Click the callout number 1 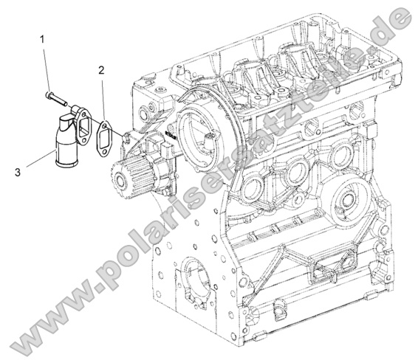(43, 37)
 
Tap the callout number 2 (100, 71)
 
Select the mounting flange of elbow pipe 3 (77, 117)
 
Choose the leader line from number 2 (103, 96)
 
